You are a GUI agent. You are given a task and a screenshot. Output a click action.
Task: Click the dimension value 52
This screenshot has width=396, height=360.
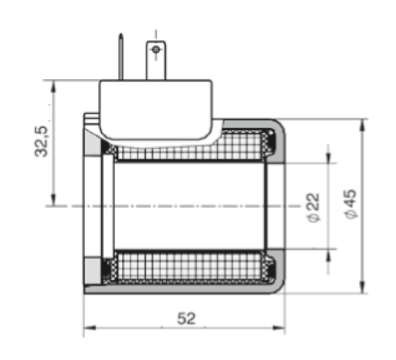(x=186, y=318)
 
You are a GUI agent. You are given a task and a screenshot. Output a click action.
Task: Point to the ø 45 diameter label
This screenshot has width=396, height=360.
(x=351, y=204)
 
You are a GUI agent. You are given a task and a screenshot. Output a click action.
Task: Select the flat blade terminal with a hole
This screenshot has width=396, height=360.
(x=156, y=60)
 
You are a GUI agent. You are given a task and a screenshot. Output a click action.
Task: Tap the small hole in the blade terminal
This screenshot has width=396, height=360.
(x=156, y=49)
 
